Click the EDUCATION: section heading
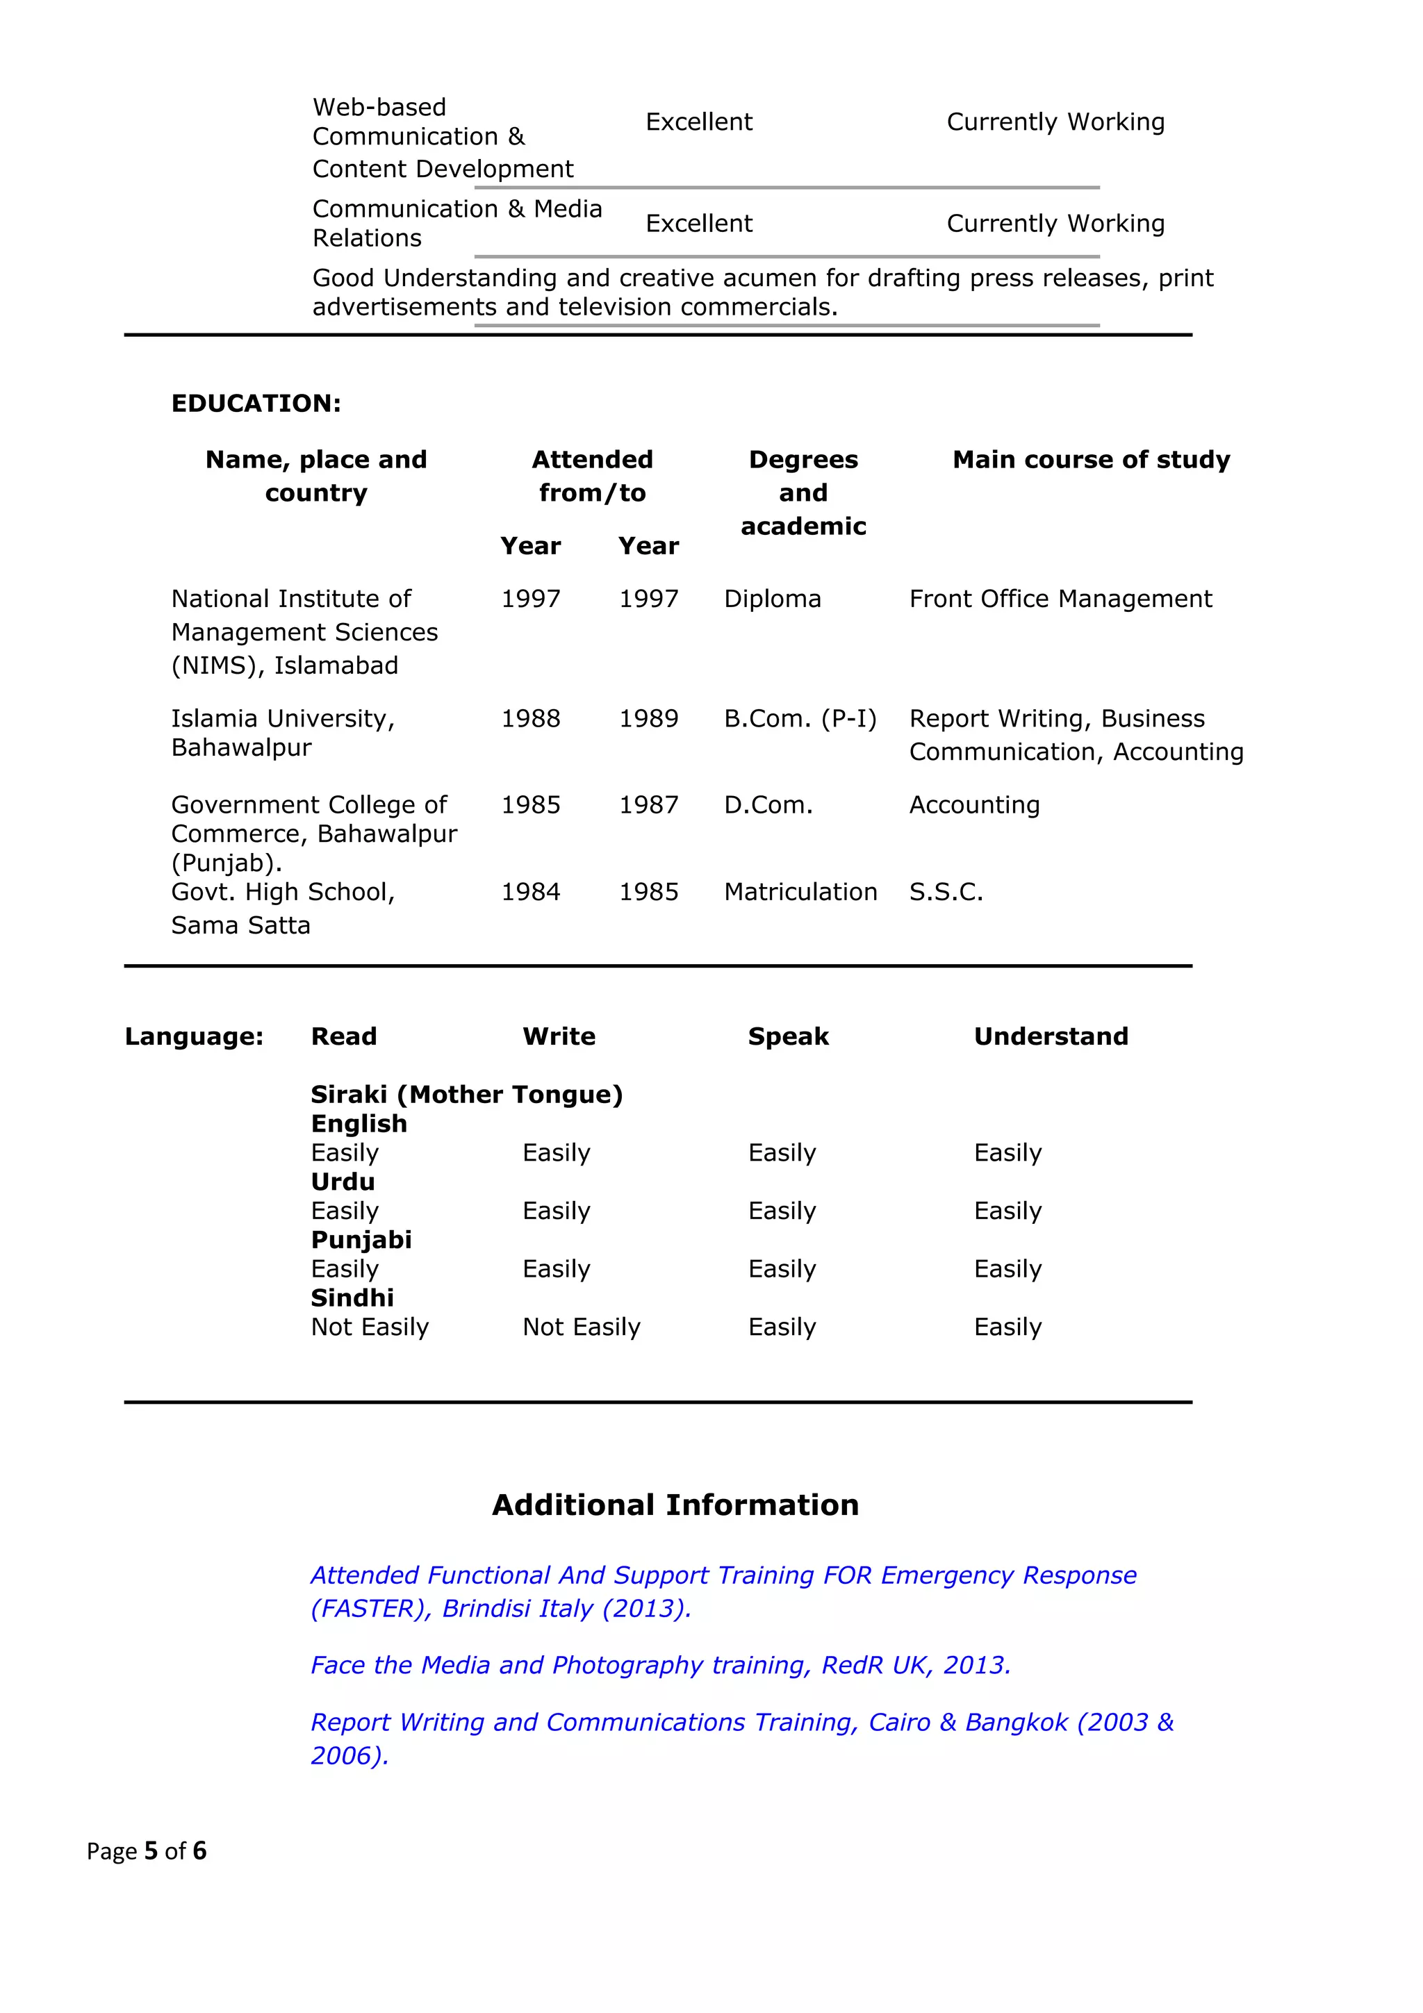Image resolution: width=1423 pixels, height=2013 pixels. (256, 404)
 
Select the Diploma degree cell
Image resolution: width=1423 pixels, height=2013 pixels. (771, 599)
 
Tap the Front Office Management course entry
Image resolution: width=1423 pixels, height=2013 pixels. (1060, 599)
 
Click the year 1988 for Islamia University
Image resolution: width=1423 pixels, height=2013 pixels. (530, 719)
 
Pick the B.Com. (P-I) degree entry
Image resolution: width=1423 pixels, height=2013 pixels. (800, 719)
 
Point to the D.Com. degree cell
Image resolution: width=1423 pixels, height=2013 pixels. (768, 805)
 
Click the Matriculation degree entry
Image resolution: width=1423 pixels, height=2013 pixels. (800, 892)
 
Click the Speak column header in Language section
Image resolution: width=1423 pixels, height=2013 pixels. (787, 1036)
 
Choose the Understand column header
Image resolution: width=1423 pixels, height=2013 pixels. (1051, 1036)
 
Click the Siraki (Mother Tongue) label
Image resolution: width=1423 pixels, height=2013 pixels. (466, 1094)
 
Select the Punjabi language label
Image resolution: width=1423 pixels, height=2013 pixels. (361, 1240)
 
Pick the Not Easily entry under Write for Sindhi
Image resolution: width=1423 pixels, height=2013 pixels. (582, 1327)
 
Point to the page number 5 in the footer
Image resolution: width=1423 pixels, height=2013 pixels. (151, 1850)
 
